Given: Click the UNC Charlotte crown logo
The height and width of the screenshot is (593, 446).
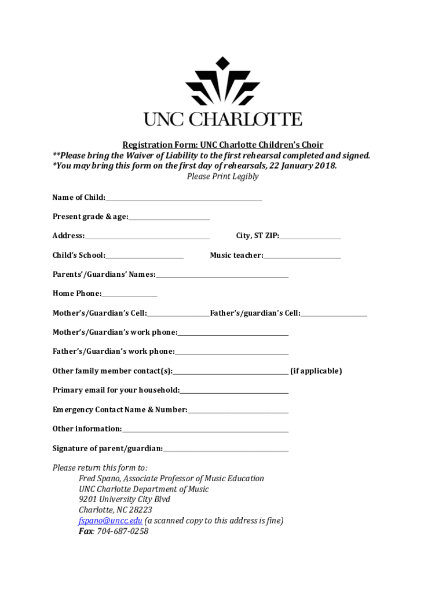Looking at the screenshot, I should click(x=222, y=82).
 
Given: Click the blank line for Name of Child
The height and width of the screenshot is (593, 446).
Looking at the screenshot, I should click(x=184, y=199).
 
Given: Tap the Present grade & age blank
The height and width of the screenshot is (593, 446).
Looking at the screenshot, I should click(x=169, y=218).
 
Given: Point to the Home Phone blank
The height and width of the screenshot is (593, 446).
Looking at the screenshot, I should click(x=129, y=295).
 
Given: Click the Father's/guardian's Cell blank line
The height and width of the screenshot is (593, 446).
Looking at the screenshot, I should click(x=334, y=314).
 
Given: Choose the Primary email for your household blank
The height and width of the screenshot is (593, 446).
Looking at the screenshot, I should click(x=233, y=391).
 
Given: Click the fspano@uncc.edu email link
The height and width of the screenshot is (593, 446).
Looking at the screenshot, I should click(x=110, y=521).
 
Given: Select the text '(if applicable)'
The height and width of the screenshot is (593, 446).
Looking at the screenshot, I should click(x=316, y=371).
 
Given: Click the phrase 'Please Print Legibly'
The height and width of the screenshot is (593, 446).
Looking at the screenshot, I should click(x=222, y=177).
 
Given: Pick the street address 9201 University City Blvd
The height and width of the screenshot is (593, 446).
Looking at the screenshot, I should click(x=125, y=500).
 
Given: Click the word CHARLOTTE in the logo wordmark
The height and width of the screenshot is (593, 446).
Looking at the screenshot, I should click(x=246, y=119).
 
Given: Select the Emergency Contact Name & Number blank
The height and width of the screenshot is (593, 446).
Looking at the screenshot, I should click(x=237, y=411).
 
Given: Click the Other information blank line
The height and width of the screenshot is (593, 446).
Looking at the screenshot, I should click(x=205, y=430).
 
